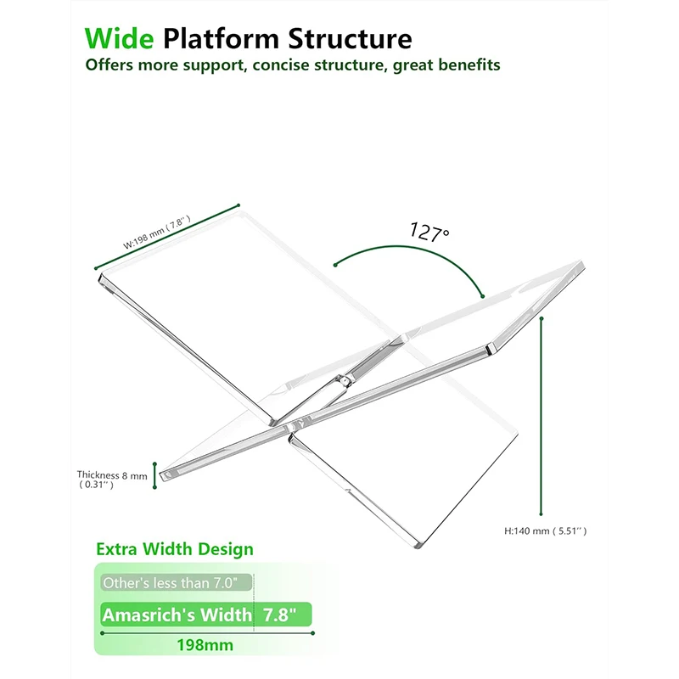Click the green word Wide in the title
tap(120, 38)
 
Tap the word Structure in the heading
tap(351, 38)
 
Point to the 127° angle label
tap(430, 232)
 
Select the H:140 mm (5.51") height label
tap(546, 530)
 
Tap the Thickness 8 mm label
tap(112, 475)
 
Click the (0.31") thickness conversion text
tap(97, 485)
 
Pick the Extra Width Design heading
tap(175, 549)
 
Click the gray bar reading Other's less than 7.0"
tap(177, 583)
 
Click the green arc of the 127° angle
tap(416, 250)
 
